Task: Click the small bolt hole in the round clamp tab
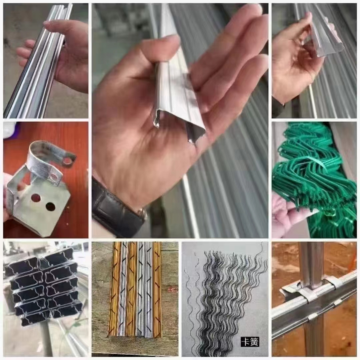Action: (x=68, y=161)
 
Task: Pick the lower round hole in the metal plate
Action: (x=50, y=207)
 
